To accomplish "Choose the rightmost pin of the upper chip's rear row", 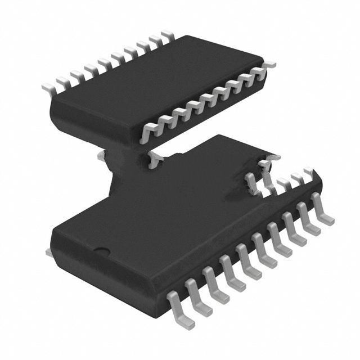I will pyautogui.click(x=166, y=36).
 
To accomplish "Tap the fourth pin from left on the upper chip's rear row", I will pyautogui.click(x=89, y=70).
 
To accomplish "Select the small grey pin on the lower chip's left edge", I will pyautogui.click(x=49, y=254).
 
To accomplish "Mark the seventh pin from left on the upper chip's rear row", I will pyautogui.click(x=129, y=53).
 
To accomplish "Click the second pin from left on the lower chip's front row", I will pyautogui.click(x=196, y=296).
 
